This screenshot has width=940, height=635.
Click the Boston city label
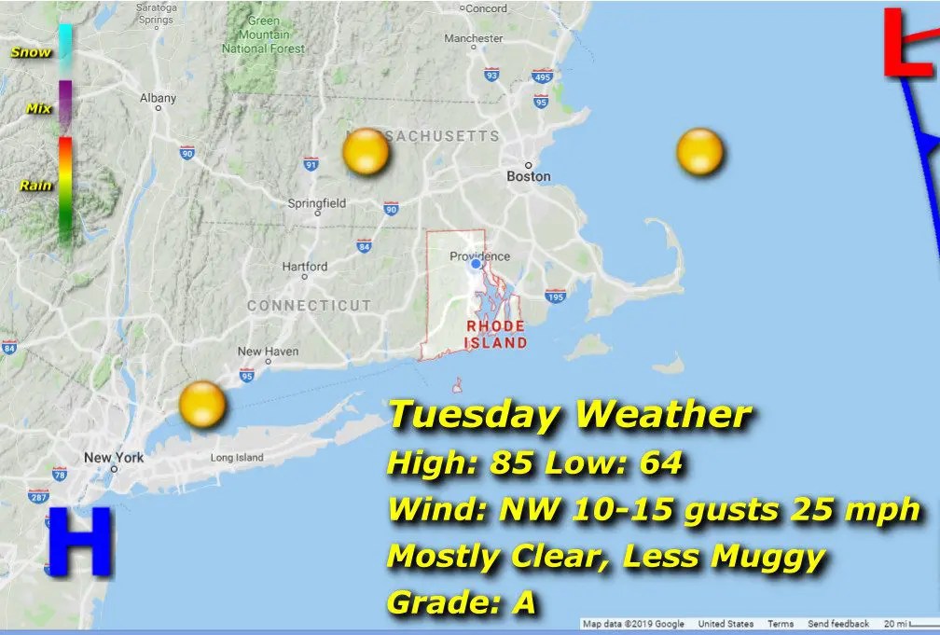[529, 176]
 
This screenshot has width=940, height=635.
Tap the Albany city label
[158, 98]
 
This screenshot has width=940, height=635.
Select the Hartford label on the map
[305, 266]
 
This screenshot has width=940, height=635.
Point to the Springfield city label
[317, 203]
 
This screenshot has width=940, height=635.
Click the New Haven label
[269, 352]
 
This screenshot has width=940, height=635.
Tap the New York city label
[114, 457]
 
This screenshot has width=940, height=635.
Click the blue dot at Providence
[477, 264]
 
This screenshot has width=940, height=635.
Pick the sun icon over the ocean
[700, 152]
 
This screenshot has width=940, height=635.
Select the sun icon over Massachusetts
[366, 152]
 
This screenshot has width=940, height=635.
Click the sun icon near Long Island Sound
[202, 404]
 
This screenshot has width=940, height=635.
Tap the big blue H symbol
[79, 542]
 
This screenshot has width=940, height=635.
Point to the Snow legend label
[31, 52]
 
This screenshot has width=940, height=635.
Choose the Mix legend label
[38, 109]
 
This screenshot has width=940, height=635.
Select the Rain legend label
[35, 186]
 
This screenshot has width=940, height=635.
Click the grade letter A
[525, 603]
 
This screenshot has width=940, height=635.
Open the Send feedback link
[837, 624]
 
